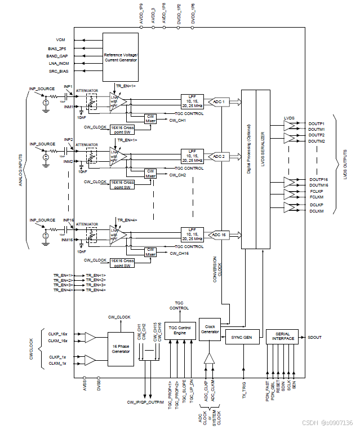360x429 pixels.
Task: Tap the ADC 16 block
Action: point(219,234)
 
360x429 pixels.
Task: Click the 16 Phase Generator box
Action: point(121,348)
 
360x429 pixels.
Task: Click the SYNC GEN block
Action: point(242,338)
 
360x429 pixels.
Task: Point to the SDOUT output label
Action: point(315,338)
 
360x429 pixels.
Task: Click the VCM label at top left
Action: point(61,41)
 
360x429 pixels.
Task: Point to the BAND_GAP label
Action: point(57,56)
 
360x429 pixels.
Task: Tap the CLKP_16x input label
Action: point(58,334)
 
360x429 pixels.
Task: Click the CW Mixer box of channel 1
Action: point(150,118)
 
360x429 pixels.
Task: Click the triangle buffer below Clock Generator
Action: point(210,359)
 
